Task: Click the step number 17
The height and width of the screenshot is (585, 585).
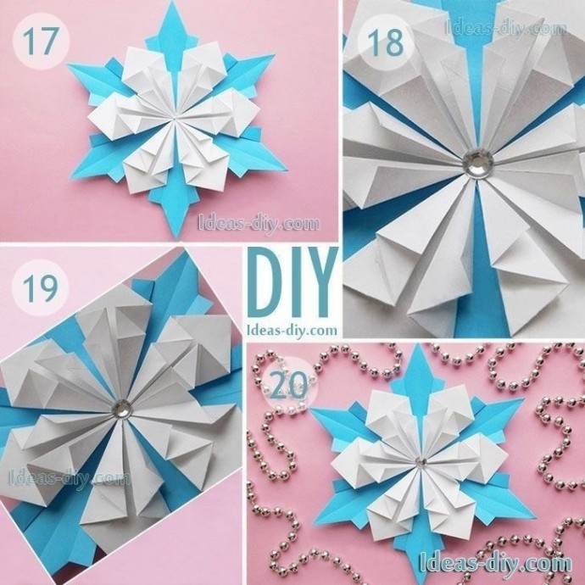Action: (41, 42)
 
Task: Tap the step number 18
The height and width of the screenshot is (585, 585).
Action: (386, 42)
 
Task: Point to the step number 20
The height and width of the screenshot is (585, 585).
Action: (288, 385)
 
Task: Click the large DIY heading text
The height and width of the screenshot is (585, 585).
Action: (292, 283)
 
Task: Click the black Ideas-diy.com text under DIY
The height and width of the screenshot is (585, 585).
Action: (292, 330)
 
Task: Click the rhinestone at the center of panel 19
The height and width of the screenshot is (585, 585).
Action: (121, 408)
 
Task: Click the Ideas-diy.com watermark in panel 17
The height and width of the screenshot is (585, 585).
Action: (259, 224)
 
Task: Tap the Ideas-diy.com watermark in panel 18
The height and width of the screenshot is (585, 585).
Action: (506, 27)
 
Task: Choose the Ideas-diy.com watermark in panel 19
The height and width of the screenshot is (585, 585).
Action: (70, 478)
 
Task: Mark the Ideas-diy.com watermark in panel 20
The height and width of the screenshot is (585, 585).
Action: (496, 563)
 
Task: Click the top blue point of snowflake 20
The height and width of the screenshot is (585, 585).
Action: (417, 345)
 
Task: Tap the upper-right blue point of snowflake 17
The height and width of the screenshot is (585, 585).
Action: (274, 56)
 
